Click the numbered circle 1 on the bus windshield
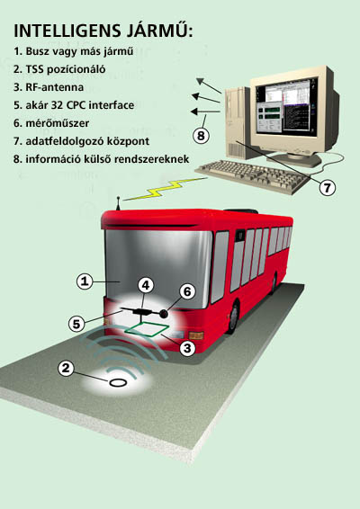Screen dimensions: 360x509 coord(85,281)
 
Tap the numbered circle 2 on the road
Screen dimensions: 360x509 coord(66,369)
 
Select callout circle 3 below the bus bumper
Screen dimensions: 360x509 coord(187,348)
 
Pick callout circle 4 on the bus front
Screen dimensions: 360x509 coord(146,285)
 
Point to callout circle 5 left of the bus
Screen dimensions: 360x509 coord(76,324)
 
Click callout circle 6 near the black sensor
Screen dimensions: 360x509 coord(187,291)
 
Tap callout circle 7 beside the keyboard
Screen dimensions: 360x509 coord(327,188)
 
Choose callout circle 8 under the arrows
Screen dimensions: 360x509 coord(201,135)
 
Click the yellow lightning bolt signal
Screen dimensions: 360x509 coord(165,189)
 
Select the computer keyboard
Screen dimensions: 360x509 coord(252,176)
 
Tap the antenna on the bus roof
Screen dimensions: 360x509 coord(119,203)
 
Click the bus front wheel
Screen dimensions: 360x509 coord(233,317)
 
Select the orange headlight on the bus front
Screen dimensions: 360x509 coord(196,335)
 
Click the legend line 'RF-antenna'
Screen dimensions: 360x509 coord(49,87)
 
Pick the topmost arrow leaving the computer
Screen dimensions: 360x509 coord(209,85)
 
